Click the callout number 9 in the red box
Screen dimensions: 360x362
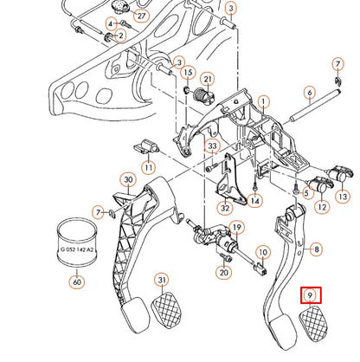click(311, 295)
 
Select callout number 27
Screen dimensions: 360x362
click(141, 16)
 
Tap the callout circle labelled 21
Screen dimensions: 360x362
click(208, 80)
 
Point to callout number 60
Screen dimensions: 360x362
click(77, 281)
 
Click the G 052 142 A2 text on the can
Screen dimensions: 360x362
click(77, 249)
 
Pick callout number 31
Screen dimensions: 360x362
click(163, 280)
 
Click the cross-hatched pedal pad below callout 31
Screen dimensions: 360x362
click(167, 309)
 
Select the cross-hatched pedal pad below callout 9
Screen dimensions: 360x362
click(313, 324)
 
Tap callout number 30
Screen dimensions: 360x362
click(128, 180)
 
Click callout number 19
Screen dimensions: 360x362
click(236, 228)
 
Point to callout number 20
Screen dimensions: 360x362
click(224, 272)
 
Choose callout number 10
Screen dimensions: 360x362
click(263, 253)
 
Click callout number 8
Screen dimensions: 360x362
click(317, 249)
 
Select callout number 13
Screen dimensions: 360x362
click(343, 197)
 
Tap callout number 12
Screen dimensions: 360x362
click(322, 206)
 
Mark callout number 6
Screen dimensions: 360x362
click(310, 93)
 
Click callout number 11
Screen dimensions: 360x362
click(148, 167)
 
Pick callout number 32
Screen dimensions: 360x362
click(225, 208)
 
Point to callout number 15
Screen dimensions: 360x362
click(188, 72)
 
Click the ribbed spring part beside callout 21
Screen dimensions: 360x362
click(204, 95)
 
